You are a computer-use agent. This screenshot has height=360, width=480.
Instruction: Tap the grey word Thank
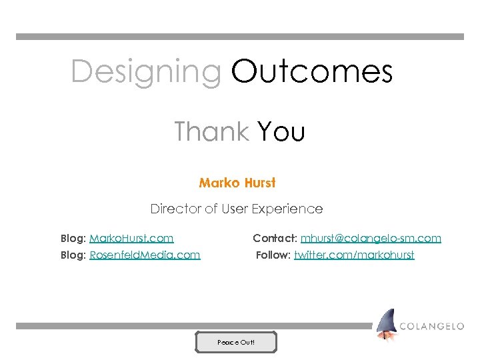pyautogui.click(x=211, y=131)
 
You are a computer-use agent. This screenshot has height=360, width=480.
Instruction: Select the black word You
pyautogui.click(x=281, y=132)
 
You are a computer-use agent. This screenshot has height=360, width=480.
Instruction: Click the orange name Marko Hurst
pyautogui.click(x=237, y=183)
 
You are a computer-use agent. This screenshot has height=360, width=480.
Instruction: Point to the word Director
pyautogui.click(x=175, y=209)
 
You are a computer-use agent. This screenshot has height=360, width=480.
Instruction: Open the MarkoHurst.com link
pyautogui.click(x=131, y=238)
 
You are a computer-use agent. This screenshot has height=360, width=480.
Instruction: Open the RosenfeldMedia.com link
pyautogui.click(x=145, y=255)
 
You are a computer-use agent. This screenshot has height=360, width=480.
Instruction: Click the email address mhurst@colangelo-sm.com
pyautogui.click(x=371, y=238)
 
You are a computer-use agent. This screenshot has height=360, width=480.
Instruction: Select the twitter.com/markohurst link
pyautogui.click(x=354, y=255)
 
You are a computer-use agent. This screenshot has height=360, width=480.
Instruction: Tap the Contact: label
pyautogui.click(x=275, y=238)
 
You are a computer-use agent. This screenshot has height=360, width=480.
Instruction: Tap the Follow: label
pyautogui.click(x=273, y=255)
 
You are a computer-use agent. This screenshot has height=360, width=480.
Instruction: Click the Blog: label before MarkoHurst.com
pyautogui.click(x=73, y=238)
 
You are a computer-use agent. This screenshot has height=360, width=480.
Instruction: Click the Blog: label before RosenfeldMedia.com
pyautogui.click(x=73, y=255)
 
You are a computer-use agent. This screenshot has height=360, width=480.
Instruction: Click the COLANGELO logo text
pyautogui.click(x=432, y=326)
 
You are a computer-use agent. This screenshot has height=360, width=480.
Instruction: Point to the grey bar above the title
pyautogui.click(x=240, y=37)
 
